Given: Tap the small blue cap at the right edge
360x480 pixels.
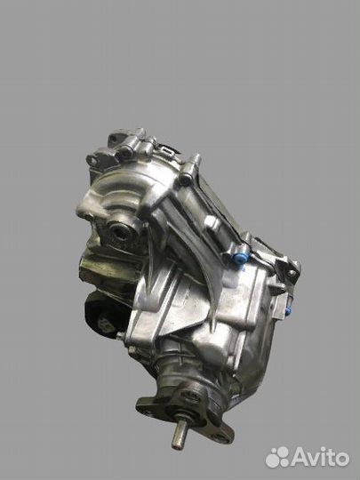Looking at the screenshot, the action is [x=288, y=311].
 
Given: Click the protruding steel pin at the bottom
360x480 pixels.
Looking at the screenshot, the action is [x=179, y=435].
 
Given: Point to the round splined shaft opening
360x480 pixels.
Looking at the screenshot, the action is [x=121, y=233].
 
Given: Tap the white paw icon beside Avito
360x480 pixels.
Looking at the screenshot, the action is [x=277, y=457].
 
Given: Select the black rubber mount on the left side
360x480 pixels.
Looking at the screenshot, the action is [x=101, y=316].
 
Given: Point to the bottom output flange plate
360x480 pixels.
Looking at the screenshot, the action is [x=185, y=416].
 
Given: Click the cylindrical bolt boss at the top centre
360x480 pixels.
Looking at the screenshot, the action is [x=190, y=169].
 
